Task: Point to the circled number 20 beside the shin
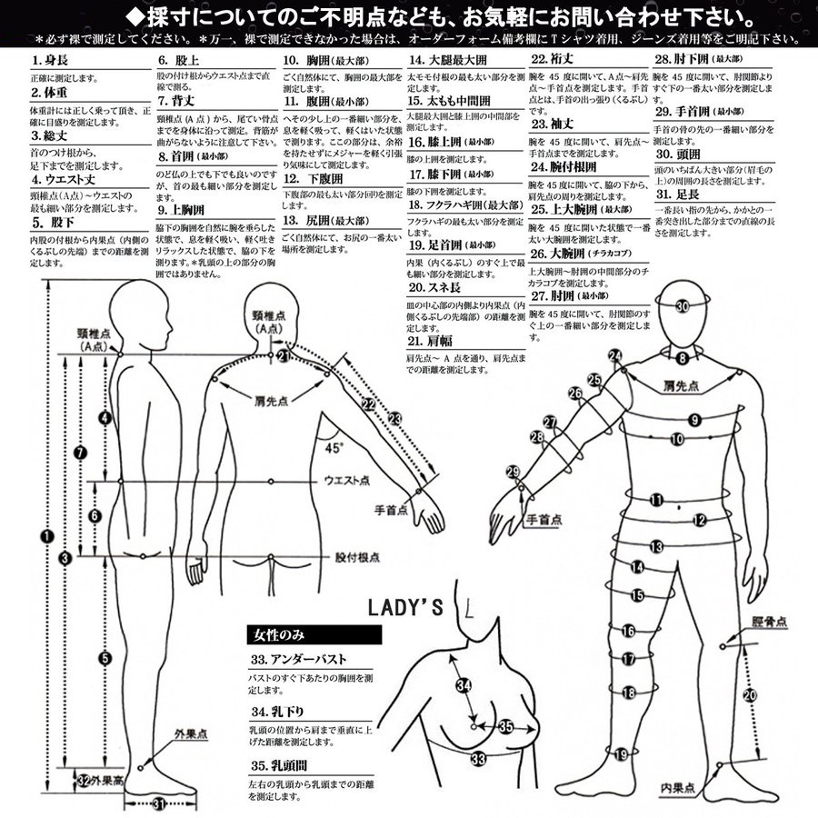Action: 749,695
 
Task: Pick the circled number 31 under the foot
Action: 158,803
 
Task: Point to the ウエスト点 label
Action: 345,480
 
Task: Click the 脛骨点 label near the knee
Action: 768,623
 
